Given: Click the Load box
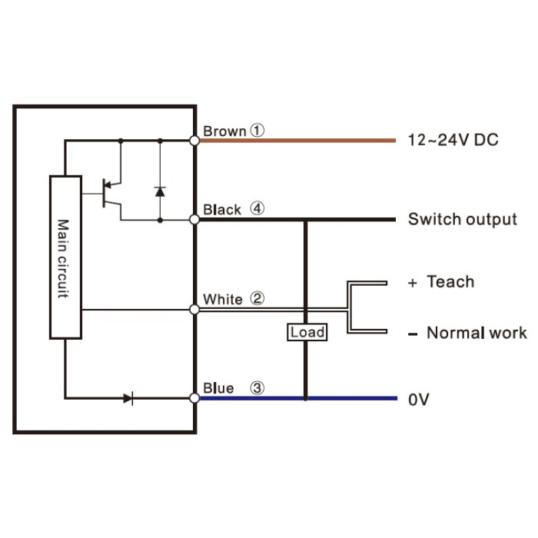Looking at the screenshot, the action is coord(307,332).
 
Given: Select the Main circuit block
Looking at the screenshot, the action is coord(65,257).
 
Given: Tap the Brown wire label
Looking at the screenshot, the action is coord(224,131).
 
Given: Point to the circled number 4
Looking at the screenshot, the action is coord(257,208).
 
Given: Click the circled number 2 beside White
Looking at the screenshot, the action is coord(257,298).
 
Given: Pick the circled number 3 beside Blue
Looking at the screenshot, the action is coord(257,387).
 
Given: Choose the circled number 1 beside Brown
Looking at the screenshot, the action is coord(257,131).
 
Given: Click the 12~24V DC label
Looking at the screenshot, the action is coord(453,140).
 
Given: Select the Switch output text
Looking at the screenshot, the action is coord(463,219).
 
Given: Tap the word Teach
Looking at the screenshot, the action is coord(450,282).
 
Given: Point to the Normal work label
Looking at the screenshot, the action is coord(477,333).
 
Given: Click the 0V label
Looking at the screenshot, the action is coord(419,400).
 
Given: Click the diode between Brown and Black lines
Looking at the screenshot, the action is coord(160,191).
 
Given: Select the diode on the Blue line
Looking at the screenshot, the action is coord(128,398).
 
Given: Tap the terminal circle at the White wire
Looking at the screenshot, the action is coord(194,310).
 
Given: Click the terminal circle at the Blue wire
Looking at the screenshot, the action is coord(194,398).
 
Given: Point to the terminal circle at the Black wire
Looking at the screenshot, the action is coord(194,219).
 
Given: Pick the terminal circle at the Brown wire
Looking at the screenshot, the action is coord(194,141).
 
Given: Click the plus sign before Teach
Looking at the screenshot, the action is coord(413,283).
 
